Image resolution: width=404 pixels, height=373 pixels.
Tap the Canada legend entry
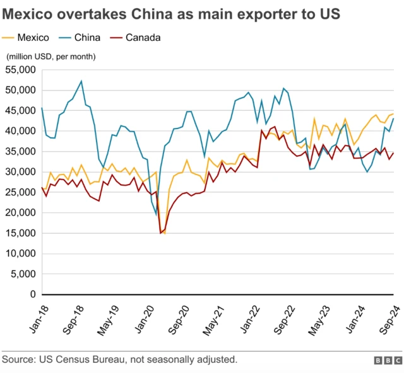pos(143,38)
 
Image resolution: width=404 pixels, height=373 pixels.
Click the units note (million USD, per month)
pos(51,57)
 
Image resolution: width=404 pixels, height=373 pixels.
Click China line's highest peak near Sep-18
pos(81,81)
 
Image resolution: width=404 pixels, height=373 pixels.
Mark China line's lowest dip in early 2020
pos(156,215)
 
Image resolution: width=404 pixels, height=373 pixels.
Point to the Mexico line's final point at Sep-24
pos(393,114)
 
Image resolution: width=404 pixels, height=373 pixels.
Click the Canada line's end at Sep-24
pos(393,153)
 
